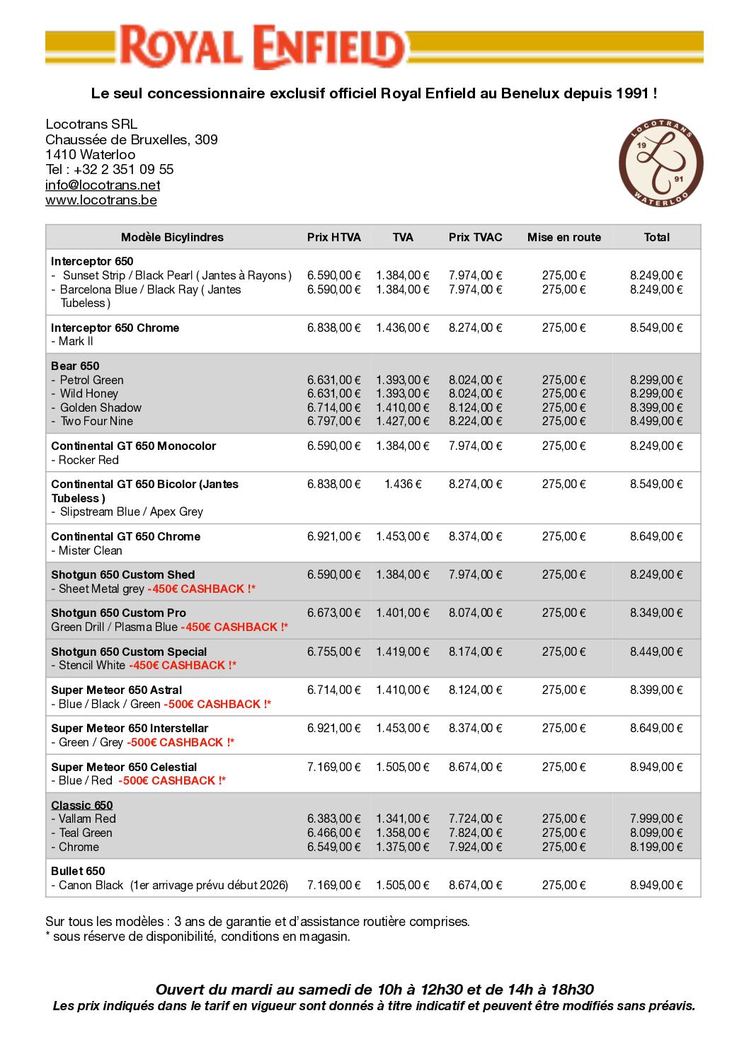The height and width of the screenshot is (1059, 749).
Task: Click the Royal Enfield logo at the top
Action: pos(262,47)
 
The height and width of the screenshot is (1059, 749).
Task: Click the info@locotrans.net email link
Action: pos(103,185)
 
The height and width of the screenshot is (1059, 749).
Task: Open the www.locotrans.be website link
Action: pos(101,200)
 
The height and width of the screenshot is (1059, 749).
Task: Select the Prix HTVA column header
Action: pos(333,238)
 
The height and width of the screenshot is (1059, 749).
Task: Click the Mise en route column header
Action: pos(564,238)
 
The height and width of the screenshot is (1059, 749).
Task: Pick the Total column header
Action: pos(656,238)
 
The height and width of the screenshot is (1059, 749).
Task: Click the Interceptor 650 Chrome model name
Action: pos(115,328)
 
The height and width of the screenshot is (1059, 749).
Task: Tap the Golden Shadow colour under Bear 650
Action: pos(101,407)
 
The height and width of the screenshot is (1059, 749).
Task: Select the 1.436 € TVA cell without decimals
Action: pos(403,484)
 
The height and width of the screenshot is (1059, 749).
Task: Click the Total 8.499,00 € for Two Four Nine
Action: pos(656,421)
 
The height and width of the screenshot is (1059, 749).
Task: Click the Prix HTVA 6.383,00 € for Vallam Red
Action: pos(333,818)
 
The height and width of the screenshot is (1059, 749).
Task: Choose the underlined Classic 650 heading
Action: pos(81,805)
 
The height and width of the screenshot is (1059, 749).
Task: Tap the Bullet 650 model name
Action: pos(78,871)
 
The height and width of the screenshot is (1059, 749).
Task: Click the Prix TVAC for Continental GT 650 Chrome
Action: pos(475,536)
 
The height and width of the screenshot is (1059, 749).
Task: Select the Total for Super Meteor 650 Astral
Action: pos(656,690)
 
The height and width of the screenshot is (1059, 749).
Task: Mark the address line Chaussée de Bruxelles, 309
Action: pos(132,139)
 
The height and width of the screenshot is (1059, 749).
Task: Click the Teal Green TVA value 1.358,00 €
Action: pos(403,833)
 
